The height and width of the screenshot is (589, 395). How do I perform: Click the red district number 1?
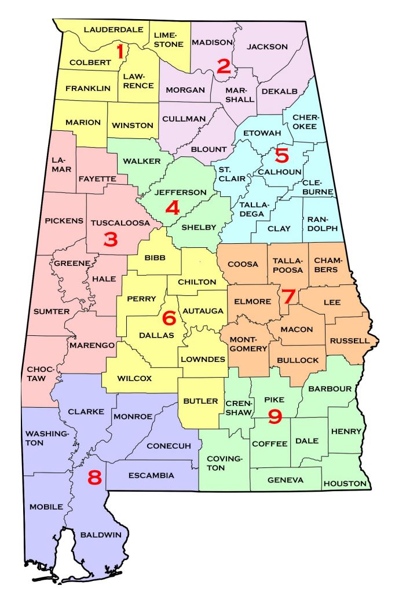120,52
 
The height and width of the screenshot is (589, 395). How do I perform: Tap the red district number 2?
223,66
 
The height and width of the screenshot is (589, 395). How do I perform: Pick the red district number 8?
94,477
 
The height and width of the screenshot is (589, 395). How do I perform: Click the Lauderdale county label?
113,28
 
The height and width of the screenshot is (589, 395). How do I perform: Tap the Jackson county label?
267,46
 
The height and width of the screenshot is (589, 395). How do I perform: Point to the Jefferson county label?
181,192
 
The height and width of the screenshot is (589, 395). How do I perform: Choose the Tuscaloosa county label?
120,222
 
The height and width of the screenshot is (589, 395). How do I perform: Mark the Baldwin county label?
101,535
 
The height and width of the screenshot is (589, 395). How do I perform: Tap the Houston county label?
345,483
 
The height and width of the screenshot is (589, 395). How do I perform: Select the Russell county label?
349,341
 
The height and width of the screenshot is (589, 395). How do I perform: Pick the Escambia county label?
152,475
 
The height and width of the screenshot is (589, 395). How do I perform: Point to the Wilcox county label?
134,378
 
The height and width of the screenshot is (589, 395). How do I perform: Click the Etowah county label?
262,133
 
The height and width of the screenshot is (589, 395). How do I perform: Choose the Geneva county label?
285,480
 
